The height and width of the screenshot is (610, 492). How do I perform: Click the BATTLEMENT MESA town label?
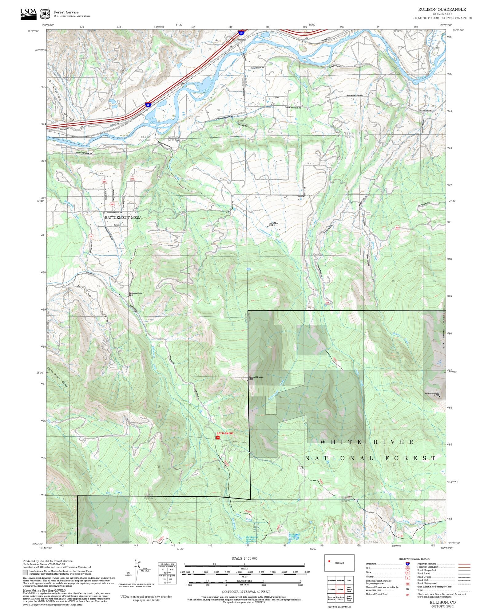point(123,217)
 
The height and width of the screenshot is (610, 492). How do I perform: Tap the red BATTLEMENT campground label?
point(225,433)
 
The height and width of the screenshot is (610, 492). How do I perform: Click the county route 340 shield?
point(112,204)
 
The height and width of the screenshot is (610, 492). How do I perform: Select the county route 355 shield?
point(132,178)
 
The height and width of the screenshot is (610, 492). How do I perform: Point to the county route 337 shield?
point(105,182)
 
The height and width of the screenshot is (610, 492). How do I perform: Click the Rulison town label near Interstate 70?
point(240,40)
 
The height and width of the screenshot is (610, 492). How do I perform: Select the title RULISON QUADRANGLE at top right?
point(442,10)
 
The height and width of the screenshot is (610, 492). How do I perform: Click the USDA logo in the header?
point(28,14)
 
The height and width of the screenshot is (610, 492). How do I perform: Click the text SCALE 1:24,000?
point(244,558)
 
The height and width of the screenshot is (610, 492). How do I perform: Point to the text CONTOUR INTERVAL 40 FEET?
point(246,592)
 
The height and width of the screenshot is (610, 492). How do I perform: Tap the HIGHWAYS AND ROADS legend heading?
point(414,559)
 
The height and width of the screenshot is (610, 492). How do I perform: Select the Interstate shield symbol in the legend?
point(407,564)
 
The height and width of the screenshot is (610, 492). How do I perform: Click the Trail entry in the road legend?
point(420,590)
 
